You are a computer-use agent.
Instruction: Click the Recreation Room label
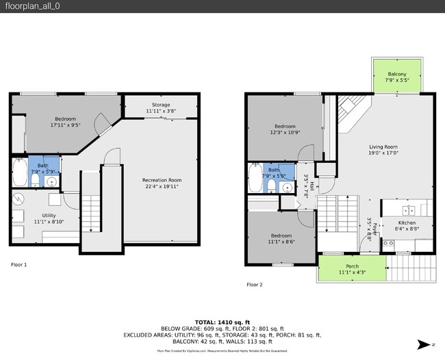(x=162, y=180)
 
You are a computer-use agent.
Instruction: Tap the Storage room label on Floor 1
(x=161, y=104)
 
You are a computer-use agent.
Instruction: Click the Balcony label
(x=397, y=74)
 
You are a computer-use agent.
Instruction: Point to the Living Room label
(x=383, y=146)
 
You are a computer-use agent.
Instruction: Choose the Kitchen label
(x=407, y=223)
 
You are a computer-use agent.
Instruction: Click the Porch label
(x=352, y=266)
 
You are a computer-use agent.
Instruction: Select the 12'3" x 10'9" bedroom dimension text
(x=285, y=133)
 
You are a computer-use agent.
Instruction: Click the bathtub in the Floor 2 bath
(x=255, y=180)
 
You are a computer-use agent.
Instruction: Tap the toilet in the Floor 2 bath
(x=271, y=185)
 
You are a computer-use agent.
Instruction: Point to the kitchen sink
(x=408, y=210)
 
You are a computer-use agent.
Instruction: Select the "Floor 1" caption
(x=19, y=263)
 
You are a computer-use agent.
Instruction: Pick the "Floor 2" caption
(x=254, y=284)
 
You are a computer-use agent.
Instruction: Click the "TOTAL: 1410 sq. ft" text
(x=222, y=322)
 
